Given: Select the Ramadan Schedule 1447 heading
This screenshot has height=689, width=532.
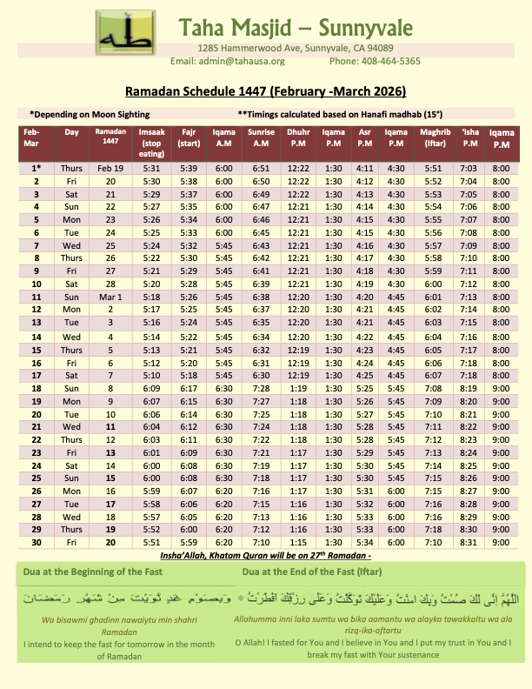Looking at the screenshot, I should (265, 90).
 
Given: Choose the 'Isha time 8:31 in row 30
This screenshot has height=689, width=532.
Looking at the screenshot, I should (470, 542).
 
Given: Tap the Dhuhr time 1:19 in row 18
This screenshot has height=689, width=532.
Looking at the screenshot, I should (298, 387).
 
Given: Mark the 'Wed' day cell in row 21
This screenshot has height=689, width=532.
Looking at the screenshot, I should (71, 426).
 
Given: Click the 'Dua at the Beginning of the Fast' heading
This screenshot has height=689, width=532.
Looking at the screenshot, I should (103, 573).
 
